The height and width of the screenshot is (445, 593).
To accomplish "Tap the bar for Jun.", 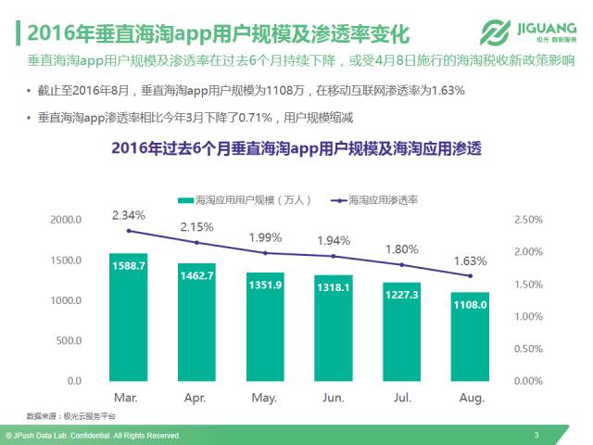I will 334,329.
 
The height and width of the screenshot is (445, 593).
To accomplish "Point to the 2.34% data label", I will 128,215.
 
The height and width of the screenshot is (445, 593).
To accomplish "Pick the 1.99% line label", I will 266,238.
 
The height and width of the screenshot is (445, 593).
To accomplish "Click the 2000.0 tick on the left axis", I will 66,220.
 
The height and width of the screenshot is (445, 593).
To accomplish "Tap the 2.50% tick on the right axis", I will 527,220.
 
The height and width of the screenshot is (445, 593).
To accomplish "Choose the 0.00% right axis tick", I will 527,381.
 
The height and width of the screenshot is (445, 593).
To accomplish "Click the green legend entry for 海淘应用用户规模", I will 250,199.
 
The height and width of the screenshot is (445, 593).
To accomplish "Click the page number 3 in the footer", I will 536,435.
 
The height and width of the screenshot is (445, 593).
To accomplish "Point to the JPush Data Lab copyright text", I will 93,435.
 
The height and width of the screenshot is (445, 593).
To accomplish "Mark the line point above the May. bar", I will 265,253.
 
